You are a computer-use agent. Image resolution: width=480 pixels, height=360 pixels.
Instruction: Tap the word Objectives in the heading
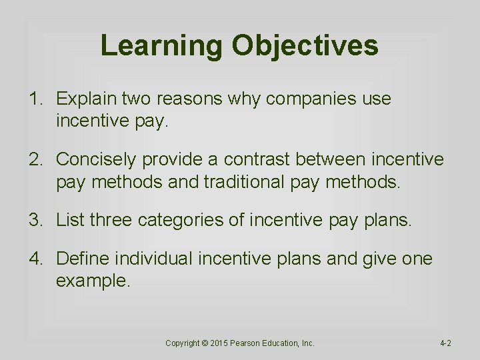click(x=305, y=46)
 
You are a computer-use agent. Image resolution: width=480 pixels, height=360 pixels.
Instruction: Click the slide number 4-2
click(x=445, y=343)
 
